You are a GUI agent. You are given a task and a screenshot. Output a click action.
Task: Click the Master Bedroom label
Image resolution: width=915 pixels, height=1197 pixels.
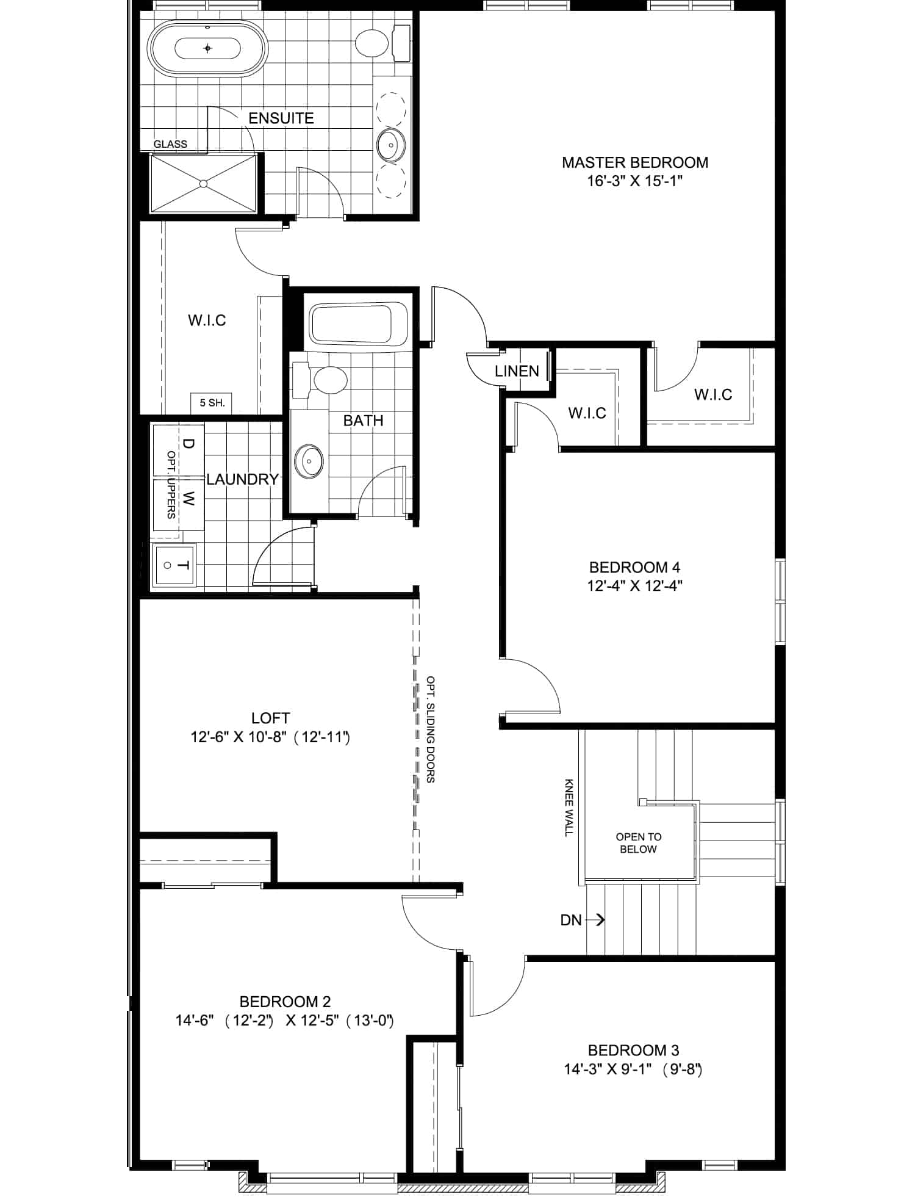point(635,162)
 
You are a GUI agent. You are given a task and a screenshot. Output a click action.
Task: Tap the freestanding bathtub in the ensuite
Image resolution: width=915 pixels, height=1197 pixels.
point(208,48)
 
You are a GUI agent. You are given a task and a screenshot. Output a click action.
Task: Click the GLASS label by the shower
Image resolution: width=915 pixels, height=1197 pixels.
point(170,144)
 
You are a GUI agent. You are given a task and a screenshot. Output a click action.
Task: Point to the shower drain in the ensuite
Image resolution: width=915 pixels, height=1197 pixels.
point(204,183)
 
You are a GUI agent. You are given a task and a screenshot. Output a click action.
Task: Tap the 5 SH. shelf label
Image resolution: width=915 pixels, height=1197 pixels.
point(212,403)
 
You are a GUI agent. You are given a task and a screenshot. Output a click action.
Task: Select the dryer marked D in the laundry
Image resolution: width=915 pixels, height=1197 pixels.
point(178,449)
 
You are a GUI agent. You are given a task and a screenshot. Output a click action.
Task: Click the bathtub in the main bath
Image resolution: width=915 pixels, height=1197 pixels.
point(351,324)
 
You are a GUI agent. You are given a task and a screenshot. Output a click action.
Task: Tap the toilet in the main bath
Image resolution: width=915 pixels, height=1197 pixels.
point(321,378)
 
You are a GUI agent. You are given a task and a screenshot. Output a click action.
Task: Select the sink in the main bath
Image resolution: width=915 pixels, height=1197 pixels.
point(309,459)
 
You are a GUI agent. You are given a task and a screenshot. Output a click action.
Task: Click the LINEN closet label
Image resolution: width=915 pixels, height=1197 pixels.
point(517,371)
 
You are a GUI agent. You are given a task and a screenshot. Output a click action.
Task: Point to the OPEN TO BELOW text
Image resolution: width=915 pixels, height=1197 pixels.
point(639,843)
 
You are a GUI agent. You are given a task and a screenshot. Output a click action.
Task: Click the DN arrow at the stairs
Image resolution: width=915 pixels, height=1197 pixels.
point(594,919)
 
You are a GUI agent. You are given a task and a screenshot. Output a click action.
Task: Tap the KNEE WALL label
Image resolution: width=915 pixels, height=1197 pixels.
point(569,807)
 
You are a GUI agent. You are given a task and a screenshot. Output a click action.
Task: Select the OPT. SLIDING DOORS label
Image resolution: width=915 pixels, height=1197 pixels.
point(431,729)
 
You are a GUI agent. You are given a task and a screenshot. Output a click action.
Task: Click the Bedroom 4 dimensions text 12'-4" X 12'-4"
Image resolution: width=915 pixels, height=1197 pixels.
point(634,586)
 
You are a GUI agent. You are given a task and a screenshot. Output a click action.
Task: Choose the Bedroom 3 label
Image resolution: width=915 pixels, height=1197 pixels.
point(633,1051)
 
